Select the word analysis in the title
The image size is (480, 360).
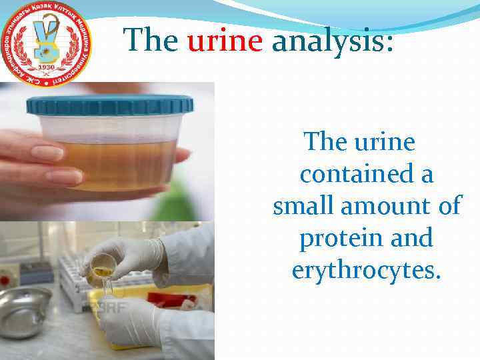(x=333, y=41)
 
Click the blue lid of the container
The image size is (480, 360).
(x=110, y=105)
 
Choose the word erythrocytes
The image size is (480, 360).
(x=366, y=270)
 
